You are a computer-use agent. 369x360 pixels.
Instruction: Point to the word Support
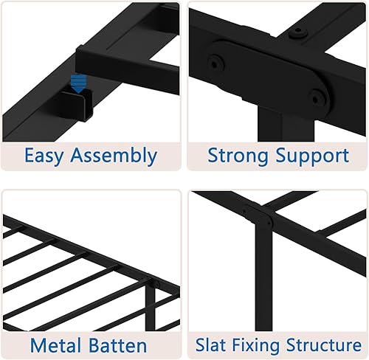pos(313,156)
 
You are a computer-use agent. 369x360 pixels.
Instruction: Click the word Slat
pos(212,345)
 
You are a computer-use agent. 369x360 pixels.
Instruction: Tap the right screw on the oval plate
pos(318,94)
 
